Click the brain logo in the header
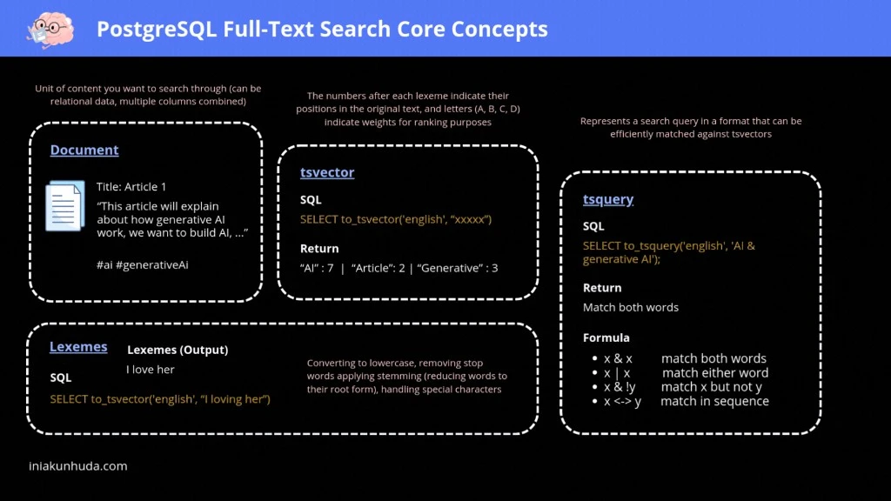coord(44,29)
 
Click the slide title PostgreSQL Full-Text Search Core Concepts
coord(322,30)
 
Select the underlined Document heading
coord(84,150)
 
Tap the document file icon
coord(65,205)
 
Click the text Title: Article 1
coord(131,187)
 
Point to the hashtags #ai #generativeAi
coord(143,264)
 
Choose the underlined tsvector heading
coord(327,172)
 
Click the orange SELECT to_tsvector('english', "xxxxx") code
coord(396,219)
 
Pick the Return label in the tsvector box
coord(319,249)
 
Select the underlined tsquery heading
coord(608,199)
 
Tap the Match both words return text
coord(631,307)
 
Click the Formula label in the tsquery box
coord(606,337)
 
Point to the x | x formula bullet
coord(617,373)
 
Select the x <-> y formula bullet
coord(622,401)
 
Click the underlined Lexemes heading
coord(78,347)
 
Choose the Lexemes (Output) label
coord(178,350)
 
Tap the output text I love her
coord(151,370)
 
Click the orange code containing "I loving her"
coord(160,399)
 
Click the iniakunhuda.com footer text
coord(77,466)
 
